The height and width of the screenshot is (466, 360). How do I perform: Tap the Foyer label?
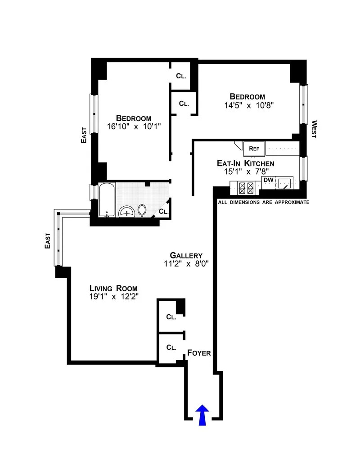[x=199, y=353]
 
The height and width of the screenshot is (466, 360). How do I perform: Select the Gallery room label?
[x=183, y=255]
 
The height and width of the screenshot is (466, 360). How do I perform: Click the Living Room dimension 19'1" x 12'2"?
[x=113, y=297]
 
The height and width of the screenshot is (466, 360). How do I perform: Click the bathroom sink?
[x=127, y=211]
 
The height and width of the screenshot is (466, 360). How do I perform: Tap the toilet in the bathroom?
[x=142, y=210]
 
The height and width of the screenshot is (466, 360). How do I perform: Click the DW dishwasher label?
[x=268, y=180]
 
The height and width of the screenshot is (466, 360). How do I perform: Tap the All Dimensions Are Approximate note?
[x=264, y=203]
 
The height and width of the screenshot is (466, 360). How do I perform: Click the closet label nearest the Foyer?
[x=171, y=348]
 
